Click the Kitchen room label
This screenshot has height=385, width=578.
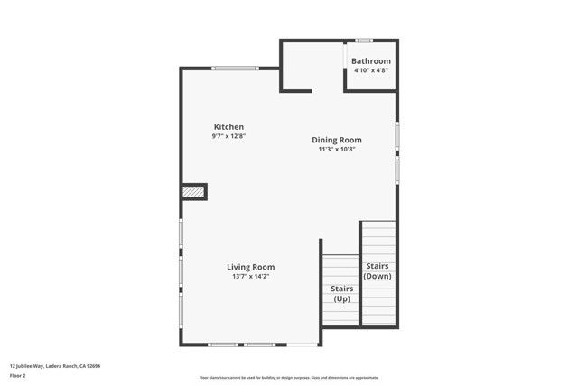(228, 126)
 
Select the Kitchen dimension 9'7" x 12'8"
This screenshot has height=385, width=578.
(228, 136)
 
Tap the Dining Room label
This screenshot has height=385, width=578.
(337, 140)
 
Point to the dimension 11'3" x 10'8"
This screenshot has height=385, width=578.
(337, 150)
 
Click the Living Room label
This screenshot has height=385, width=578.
(250, 267)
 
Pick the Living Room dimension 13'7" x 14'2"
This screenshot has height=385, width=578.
(250, 277)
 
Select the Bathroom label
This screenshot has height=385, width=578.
(371, 60)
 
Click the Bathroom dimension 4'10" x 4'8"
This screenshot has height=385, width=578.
(371, 69)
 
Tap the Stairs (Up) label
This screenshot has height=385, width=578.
(341, 293)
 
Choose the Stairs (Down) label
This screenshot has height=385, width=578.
(378, 270)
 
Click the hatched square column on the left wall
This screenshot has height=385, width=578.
(192, 191)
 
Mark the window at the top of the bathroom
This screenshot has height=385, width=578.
(364, 40)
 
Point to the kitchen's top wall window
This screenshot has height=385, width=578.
(234, 68)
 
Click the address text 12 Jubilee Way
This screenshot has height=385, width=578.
(30, 366)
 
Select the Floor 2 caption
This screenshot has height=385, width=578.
(18, 375)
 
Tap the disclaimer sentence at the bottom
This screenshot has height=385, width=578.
(288, 378)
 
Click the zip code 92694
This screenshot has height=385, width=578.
(94, 366)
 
